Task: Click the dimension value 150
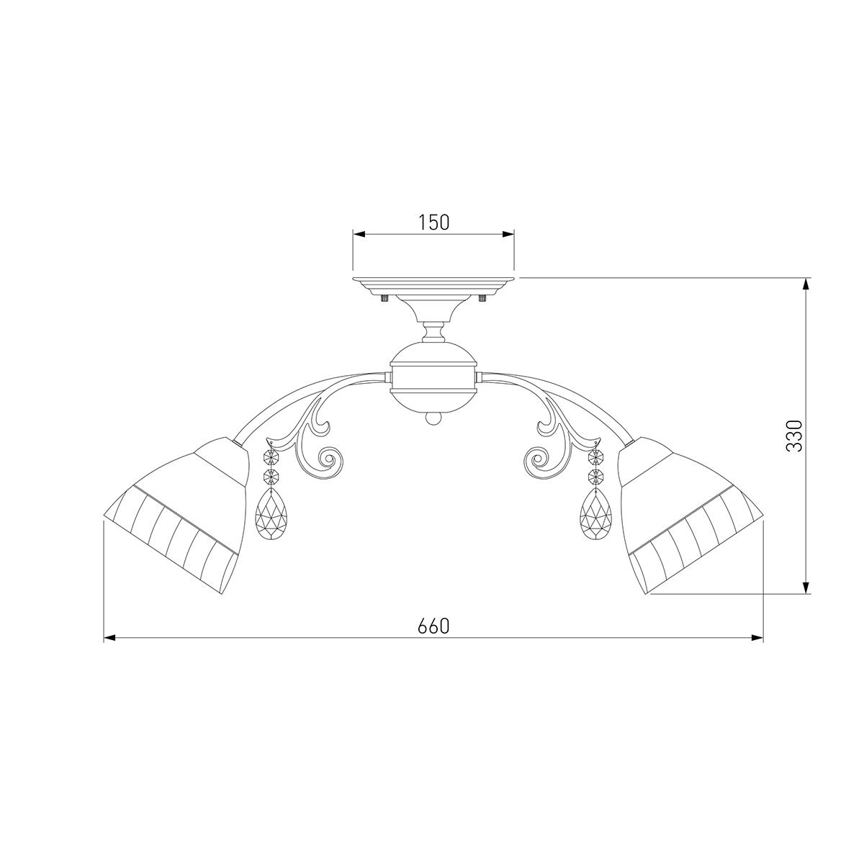coord(433,222)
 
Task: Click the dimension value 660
coord(433,626)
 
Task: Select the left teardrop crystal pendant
coord(271,514)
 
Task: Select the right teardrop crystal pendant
coord(596,514)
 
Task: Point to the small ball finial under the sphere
coord(433,419)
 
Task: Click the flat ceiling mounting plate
coord(433,284)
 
